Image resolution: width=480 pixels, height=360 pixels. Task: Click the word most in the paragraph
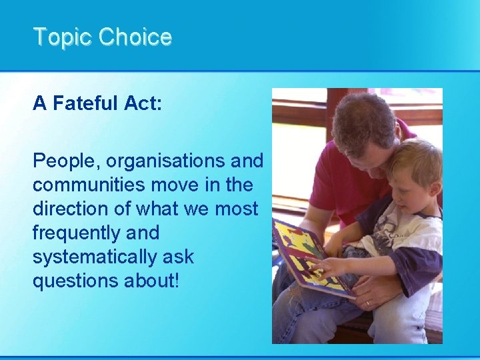(236, 209)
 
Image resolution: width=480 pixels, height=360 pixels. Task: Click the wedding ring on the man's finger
(367, 303)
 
